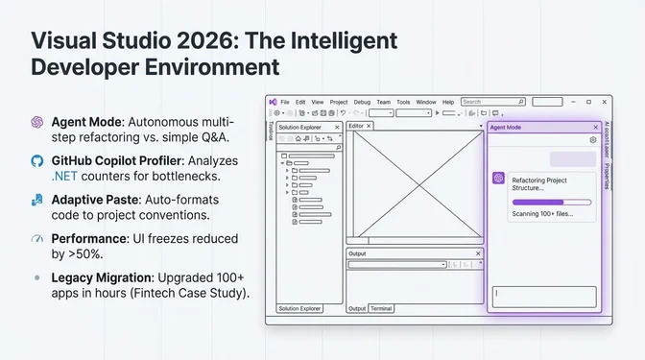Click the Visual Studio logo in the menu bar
click(273, 102)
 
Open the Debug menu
click(362, 102)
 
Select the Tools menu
click(403, 102)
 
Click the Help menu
click(448, 102)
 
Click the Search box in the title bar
click(485, 102)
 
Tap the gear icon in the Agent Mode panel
click(593, 140)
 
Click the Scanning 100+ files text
click(542, 213)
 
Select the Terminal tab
click(381, 309)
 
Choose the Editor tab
click(356, 126)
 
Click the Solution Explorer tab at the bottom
click(299, 309)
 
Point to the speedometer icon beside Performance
click(37, 238)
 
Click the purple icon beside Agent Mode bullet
click(37, 122)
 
